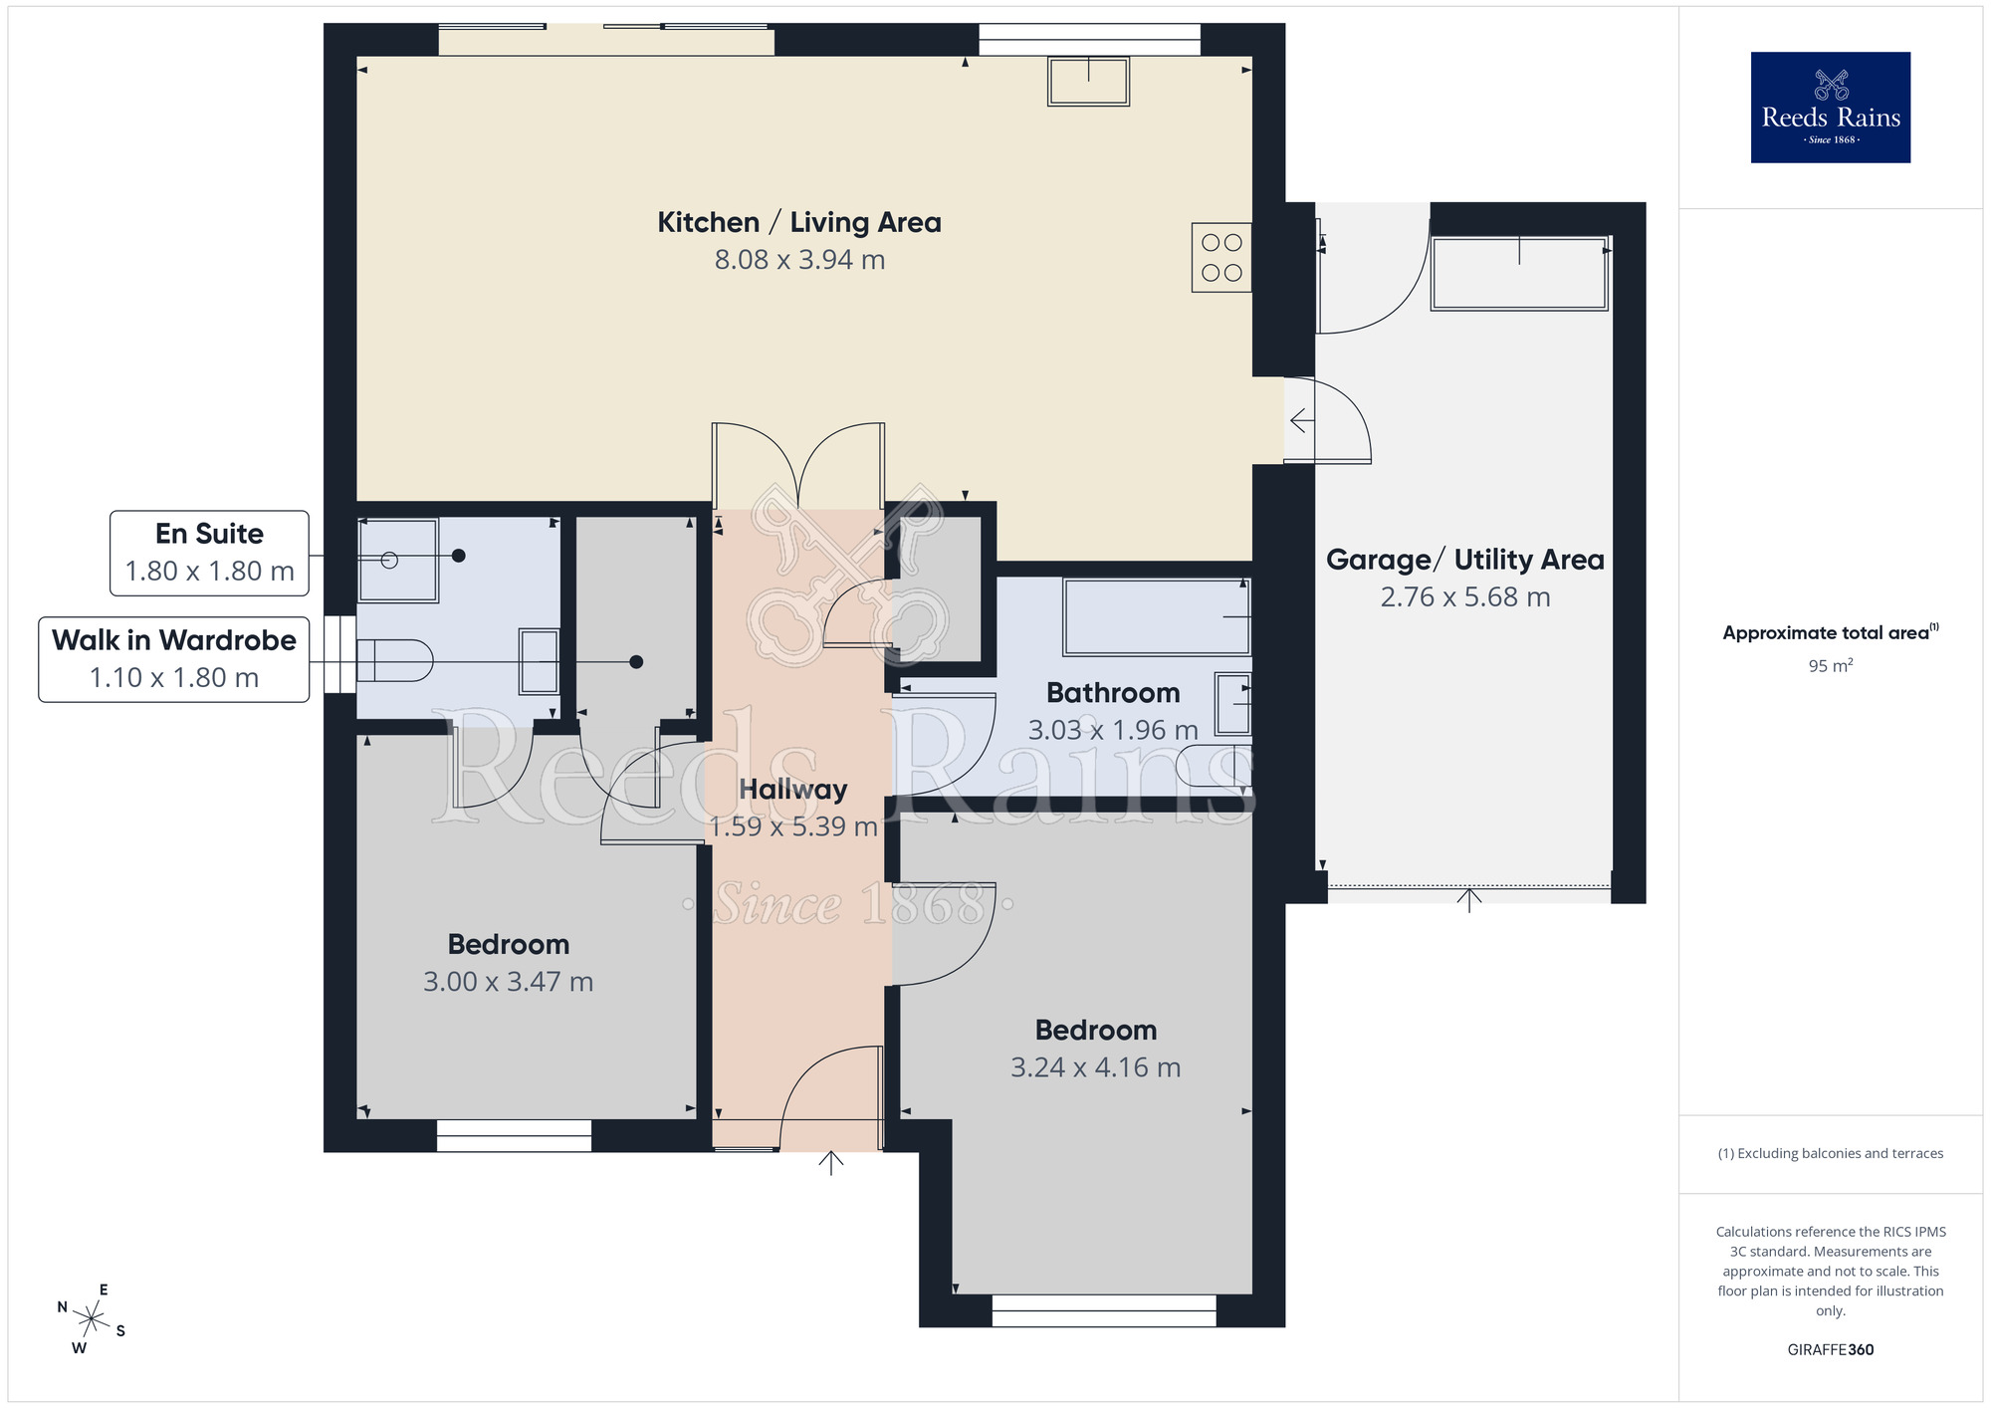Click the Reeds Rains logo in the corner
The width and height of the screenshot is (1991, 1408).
pos(1830,108)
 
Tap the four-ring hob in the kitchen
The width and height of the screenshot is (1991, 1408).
pos(1221,257)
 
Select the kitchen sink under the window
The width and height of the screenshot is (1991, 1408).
pos(1088,81)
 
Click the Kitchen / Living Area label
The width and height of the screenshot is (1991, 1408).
pos(799,222)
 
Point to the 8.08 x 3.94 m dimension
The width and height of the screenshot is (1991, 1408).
pos(799,260)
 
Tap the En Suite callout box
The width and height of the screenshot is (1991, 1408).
pos(209,553)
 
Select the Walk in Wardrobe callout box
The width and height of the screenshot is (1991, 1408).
pos(174,659)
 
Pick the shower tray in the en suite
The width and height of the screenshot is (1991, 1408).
pos(397,560)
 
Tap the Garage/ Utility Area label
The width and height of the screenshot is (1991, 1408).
pos(1464,560)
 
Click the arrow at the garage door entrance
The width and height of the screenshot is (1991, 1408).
pos(1469,899)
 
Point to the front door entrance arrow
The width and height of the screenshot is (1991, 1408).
pos(831,1162)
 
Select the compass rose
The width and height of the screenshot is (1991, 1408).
pos(91,1320)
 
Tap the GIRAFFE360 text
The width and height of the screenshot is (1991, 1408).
pos(1830,1350)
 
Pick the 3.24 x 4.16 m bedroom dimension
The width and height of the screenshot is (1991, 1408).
pos(1095,1067)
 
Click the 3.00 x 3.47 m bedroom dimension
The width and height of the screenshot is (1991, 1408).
pos(508,982)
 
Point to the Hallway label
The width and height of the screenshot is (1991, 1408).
pos(793,790)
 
